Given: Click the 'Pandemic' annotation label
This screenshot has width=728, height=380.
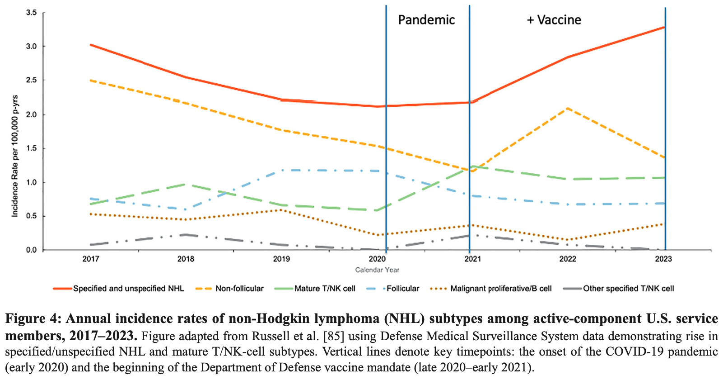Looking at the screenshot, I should (x=426, y=20).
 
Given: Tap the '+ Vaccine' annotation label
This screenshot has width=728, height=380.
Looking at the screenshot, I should (x=554, y=20).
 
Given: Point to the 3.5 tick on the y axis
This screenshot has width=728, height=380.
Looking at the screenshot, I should (x=31, y=13).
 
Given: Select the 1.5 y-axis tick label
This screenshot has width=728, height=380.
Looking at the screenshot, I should (x=31, y=148).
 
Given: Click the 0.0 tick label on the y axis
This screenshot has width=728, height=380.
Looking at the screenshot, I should (x=31, y=250).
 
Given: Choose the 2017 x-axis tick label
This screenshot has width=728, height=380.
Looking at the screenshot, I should (x=90, y=259).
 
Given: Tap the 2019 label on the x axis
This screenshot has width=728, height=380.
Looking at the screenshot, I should (x=281, y=259).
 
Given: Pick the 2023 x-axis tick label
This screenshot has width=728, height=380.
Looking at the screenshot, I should (x=663, y=259).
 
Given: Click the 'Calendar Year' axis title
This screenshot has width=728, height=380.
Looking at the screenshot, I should (x=377, y=270).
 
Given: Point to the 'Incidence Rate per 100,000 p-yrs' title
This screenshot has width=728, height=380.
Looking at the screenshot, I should (x=15, y=156).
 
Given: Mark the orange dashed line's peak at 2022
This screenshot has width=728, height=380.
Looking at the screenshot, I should (x=567, y=108).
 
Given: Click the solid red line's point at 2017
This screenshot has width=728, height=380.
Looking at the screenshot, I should (x=91, y=45).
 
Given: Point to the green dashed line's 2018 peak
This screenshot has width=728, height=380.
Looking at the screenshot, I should (x=186, y=184).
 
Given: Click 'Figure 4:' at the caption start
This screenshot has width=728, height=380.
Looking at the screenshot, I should (x=33, y=319).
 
